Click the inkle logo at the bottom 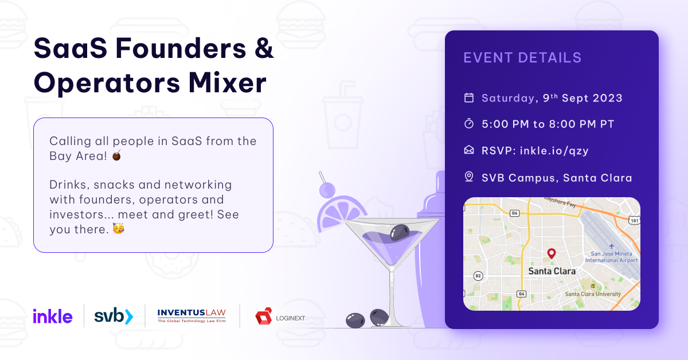point(53,316)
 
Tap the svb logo point(114,316)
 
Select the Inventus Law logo point(191,316)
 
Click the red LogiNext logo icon point(264,316)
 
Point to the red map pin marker point(552,253)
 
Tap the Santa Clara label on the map point(552,271)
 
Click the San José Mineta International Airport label point(611,257)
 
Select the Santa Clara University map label point(593,294)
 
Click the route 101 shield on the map point(635,220)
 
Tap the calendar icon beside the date point(469,98)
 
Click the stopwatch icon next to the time point(469,123)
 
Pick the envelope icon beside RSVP point(469,150)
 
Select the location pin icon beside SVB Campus point(469,177)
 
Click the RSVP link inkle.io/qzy point(554,151)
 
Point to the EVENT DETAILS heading point(522,58)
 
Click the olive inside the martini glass point(400,233)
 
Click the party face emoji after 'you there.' point(119,229)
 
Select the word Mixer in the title point(227,83)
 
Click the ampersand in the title point(264,48)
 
